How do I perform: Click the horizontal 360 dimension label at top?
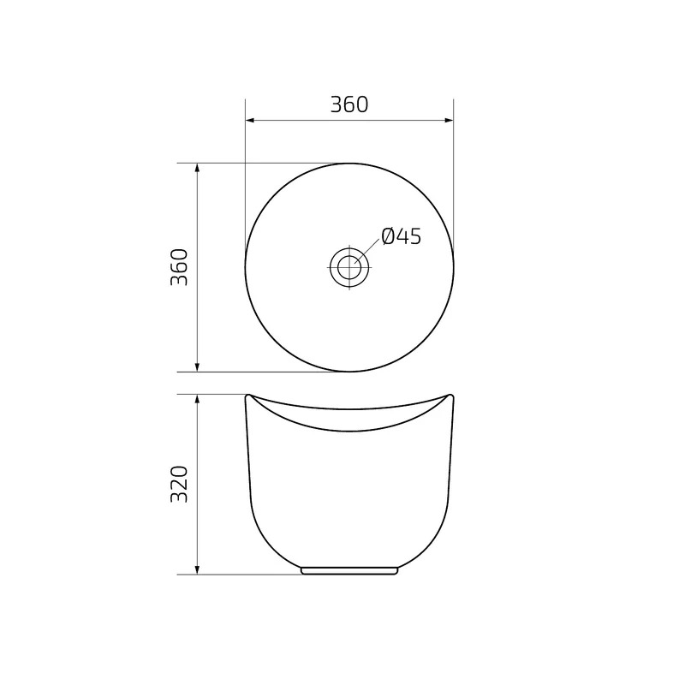[349, 104]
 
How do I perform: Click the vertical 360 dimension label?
[179, 267]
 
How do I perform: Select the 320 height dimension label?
[179, 484]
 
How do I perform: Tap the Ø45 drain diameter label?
[401, 236]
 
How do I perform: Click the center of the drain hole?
[349, 267]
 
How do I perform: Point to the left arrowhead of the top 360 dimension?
[250, 120]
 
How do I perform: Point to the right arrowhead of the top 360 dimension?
[449, 120]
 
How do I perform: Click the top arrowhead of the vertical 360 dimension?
[197, 168]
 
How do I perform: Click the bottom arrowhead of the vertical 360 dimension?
[197, 367]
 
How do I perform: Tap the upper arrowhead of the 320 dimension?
[197, 399]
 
